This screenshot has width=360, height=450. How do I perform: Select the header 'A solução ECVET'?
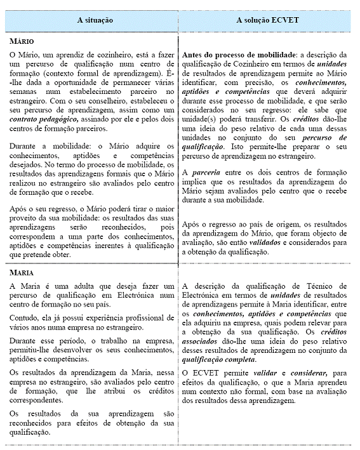[x=267, y=20]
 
